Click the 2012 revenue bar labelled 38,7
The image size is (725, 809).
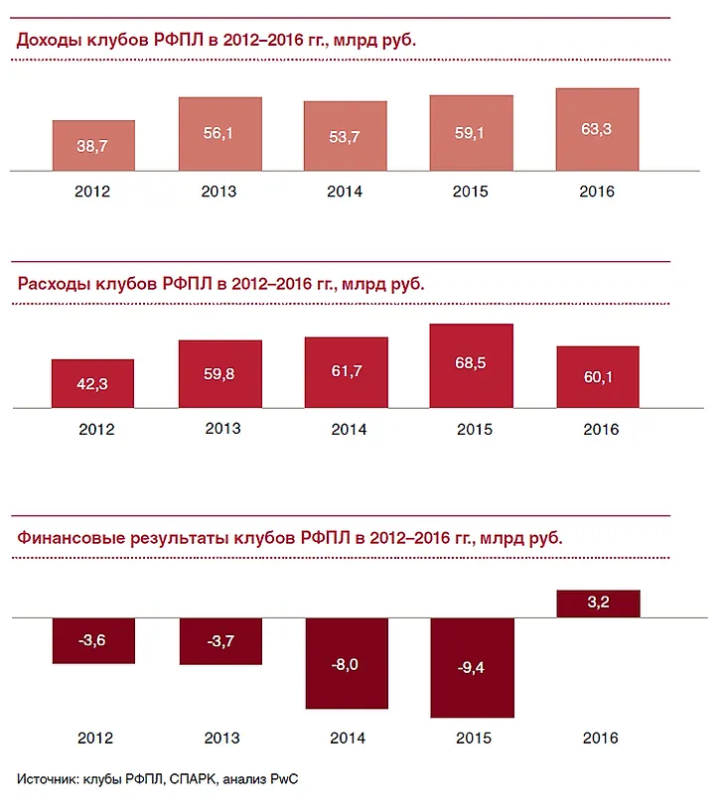click(x=93, y=145)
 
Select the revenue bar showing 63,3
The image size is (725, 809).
click(x=597, y=129)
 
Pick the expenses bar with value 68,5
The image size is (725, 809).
click(x=472, y=365)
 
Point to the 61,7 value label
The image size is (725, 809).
click(x=346, y=370)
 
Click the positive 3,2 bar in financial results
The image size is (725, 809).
click(x=597, y=603)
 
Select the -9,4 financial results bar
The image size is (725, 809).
click(x=472, y=666)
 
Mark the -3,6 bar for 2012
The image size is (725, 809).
click(x=93, y=640)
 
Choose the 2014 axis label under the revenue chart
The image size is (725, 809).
click(x=346, y=193)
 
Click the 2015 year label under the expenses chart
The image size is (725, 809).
click(x=472, y=430)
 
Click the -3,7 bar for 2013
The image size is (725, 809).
click(x=219, y=640)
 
